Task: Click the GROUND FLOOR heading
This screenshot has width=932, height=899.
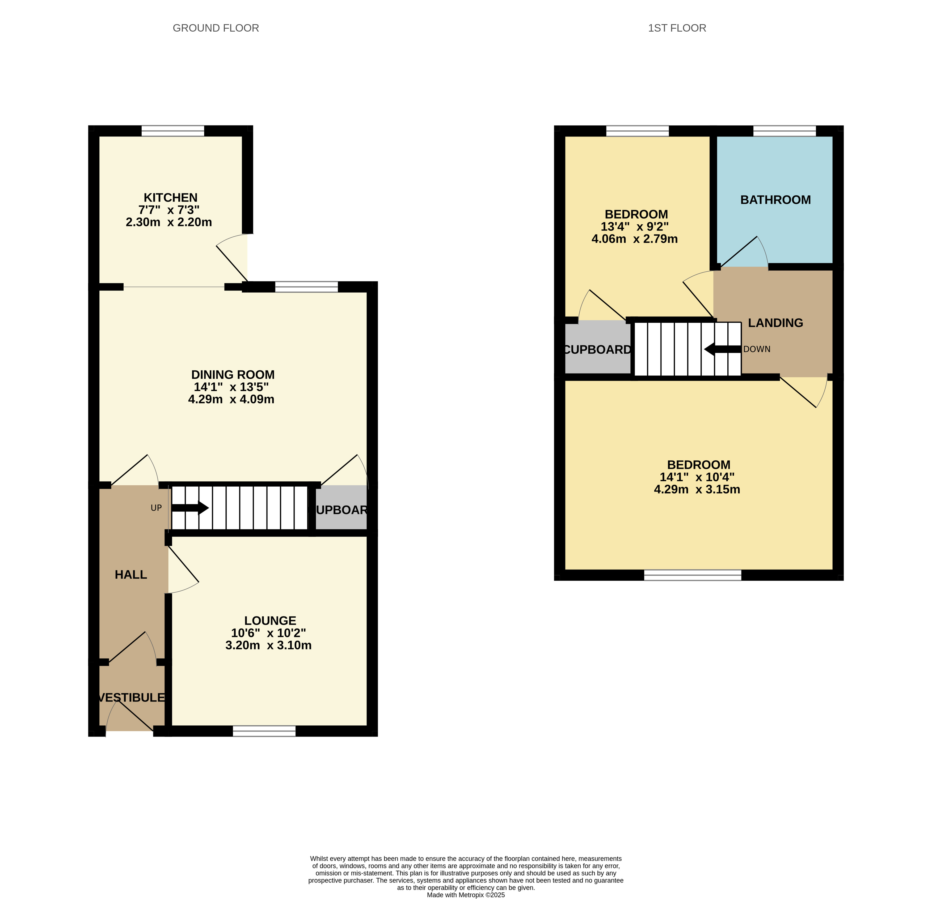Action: click(216, 28)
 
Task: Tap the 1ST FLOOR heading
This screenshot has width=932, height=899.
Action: click(677, 28)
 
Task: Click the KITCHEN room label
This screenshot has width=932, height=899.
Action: click(171, 198)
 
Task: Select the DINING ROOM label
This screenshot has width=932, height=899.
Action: click(233, 374)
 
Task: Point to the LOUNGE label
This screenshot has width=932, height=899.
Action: click(270, 620)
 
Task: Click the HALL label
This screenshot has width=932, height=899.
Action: click(131, 575)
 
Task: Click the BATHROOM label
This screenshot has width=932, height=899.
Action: click(775, 200)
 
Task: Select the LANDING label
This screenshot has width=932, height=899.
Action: click(775, 323)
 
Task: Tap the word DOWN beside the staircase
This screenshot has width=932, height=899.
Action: click(757, 349)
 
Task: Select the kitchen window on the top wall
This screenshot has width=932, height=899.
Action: click(173, 131)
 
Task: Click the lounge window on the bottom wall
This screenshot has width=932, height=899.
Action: click(264, 731)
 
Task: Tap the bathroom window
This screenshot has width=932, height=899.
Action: click(785, 131)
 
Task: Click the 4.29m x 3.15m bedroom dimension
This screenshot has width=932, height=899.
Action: click(697, 489)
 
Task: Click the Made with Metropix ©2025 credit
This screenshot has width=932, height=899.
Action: click(466, 895)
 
